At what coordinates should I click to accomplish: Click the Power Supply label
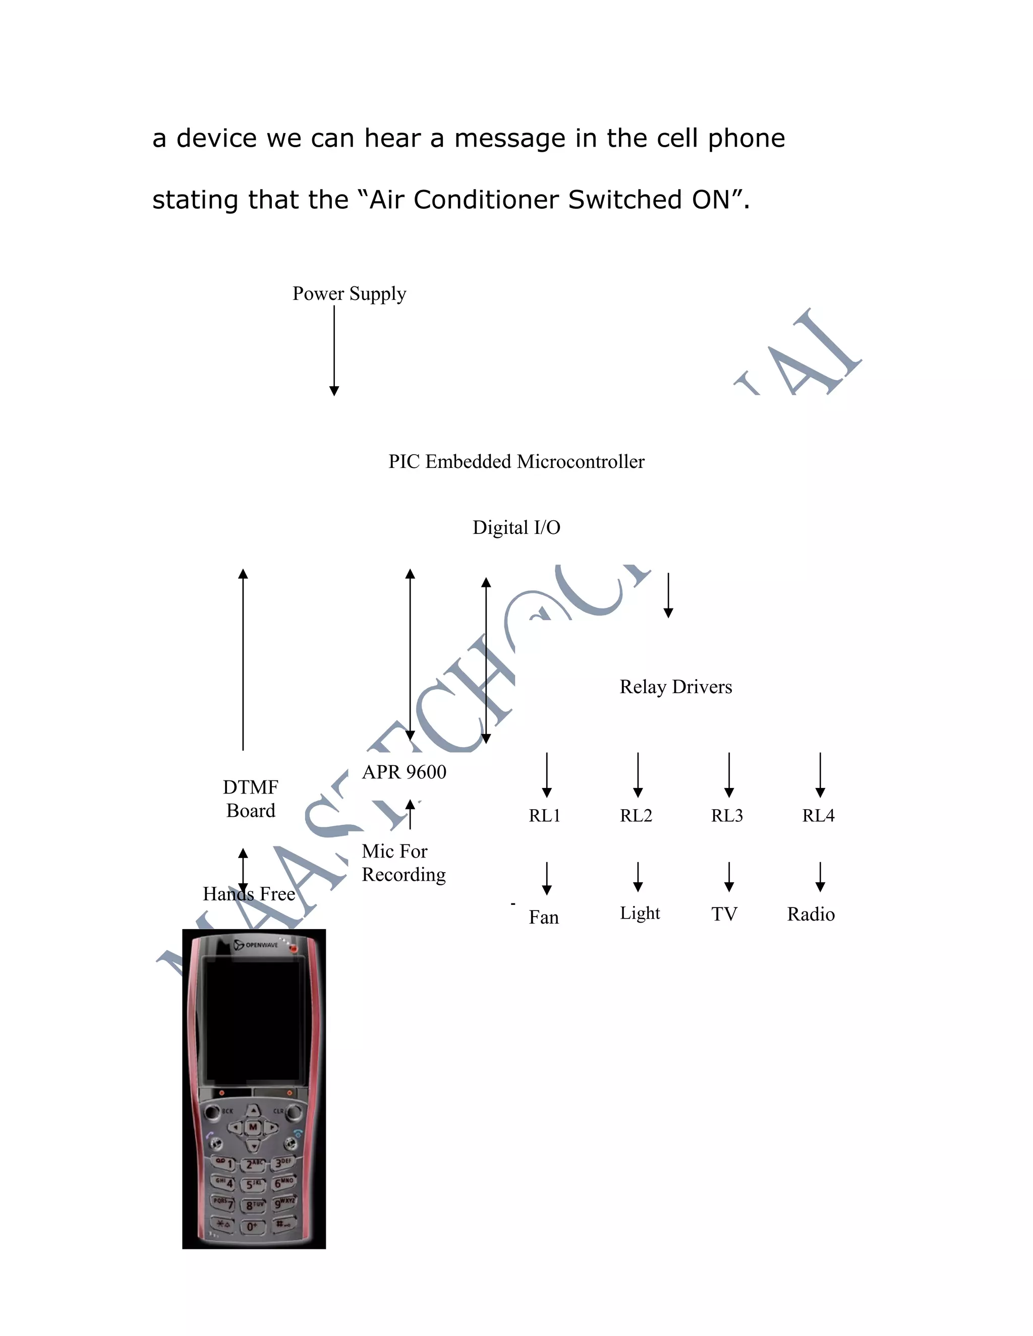(349, 293)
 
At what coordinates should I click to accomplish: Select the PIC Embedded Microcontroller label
(516, 461)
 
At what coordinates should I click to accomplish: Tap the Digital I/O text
(516, 527)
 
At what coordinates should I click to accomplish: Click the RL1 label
(544, 815)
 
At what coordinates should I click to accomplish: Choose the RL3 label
(726, 815)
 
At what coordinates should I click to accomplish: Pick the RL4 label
(818, 815)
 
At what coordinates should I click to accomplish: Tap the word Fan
(543, 917)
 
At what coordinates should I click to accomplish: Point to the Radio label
(811, 914)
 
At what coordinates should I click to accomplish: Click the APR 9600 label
(404, 772)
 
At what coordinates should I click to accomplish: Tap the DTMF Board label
(250, 798)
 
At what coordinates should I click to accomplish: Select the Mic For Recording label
(404, 863)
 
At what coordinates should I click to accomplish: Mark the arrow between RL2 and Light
(638, 876)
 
